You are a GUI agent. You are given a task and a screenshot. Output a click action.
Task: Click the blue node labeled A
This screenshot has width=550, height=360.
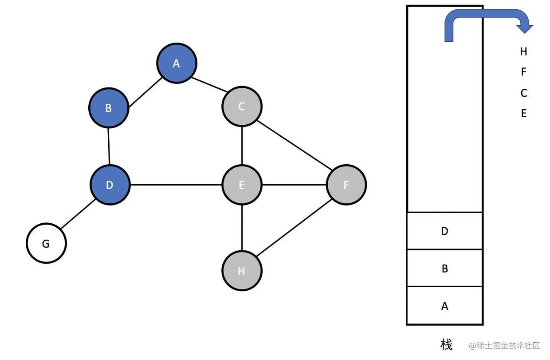click(176, 63)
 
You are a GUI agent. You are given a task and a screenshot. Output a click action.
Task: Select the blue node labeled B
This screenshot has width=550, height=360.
click(108, 108)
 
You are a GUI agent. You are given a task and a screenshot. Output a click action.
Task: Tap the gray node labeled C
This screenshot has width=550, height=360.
click(242, 107)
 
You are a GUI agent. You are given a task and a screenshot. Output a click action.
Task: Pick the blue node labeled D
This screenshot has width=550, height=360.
click(110, 185)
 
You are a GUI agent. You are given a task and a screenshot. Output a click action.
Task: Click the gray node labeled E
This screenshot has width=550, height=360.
click(242, 185)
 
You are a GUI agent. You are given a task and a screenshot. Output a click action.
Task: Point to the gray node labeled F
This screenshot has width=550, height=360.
click(346, 185)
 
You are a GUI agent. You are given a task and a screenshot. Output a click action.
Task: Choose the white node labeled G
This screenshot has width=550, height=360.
click(46, 244)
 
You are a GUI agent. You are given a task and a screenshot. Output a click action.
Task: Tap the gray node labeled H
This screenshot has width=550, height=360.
click(242, 271)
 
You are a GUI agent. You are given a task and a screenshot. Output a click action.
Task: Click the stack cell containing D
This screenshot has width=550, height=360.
click(444, 231)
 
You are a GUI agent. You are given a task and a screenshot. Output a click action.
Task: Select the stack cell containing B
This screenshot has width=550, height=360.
click(444, 268)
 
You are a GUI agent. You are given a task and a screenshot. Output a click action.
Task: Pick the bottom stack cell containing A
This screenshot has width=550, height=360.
click(444, 306)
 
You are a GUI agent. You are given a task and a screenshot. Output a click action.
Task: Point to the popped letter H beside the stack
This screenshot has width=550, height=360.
click(523, 51)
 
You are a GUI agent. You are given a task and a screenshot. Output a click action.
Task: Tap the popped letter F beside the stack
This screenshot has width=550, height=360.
click(523, 72)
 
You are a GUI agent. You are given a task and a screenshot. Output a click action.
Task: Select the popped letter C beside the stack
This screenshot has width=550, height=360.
click(523, 93)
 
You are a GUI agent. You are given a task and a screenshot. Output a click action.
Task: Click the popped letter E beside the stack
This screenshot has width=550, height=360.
click(523, 113)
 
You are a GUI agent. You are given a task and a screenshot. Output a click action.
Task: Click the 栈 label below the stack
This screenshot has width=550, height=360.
click(446, 344)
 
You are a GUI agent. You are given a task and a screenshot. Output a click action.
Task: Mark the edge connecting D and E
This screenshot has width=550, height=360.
click(176, 185)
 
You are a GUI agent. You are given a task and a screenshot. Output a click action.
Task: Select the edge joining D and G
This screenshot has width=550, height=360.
click(78, 214)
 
